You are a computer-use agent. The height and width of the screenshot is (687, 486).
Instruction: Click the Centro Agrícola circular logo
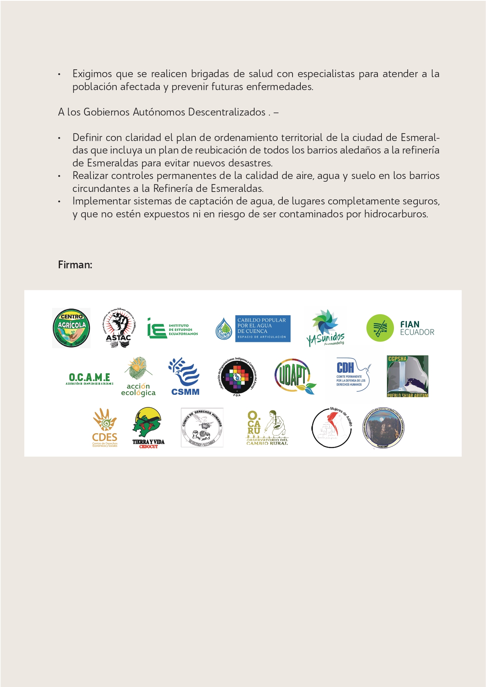71,328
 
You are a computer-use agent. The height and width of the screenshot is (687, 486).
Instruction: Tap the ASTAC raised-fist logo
118,328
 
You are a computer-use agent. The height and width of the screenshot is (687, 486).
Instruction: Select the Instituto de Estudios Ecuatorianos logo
173,329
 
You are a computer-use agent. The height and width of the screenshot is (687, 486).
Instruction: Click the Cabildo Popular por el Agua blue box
262,328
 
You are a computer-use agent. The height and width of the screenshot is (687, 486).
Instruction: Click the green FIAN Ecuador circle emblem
379,328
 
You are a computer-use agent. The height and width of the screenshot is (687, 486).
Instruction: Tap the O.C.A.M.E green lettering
89,378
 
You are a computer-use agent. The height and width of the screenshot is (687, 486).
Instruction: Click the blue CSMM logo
185,376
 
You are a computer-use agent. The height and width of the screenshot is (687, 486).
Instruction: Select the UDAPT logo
295,376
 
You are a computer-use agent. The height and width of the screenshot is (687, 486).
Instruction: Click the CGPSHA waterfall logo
407,376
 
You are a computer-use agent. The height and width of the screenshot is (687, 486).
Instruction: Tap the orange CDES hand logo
105,428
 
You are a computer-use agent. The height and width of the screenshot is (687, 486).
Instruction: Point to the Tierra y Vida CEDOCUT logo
148,428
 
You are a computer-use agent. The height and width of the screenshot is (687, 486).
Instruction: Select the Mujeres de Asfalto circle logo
332,428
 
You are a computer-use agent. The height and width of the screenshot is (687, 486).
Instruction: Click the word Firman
75,265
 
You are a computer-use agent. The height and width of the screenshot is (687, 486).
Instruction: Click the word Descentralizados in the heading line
227,112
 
